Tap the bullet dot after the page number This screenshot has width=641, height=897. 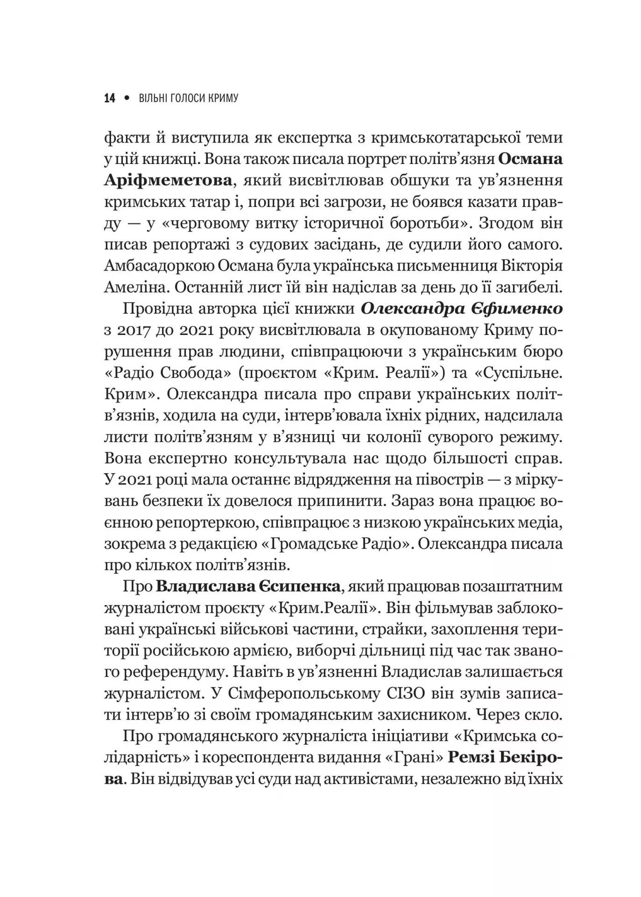127,98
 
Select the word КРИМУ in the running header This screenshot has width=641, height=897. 221,98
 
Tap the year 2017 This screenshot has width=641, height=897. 134,331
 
